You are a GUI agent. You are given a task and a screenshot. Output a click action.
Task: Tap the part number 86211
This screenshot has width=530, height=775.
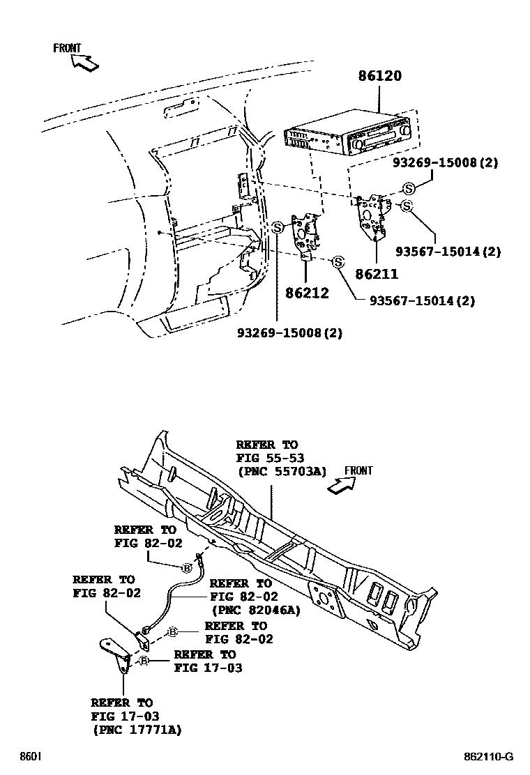377,275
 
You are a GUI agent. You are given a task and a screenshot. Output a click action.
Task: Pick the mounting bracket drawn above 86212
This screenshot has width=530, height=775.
308,233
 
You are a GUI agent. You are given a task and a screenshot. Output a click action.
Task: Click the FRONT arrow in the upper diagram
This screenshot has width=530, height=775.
82,61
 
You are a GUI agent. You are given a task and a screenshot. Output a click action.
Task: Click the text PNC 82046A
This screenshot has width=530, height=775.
255,610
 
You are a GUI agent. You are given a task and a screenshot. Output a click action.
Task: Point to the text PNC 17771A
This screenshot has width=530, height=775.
137,729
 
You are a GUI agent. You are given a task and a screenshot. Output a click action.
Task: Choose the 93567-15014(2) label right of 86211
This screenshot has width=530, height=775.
448,252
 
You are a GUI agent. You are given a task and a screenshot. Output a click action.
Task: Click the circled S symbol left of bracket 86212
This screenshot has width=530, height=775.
278,227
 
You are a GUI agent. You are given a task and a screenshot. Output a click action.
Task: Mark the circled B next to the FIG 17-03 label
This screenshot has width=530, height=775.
144,661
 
